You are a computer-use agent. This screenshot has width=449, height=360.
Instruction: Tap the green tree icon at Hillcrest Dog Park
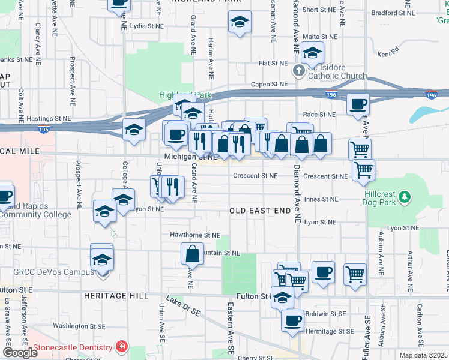click(x=405, y=196)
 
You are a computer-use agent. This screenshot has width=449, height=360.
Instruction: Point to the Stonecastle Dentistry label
click(x=73, y=347)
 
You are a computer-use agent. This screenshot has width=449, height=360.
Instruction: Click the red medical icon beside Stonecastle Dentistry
click(x=122, y=347)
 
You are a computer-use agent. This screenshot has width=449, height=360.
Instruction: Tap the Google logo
click(x=20, y=353)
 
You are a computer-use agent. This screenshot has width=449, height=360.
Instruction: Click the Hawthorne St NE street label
click(x=196, y=236)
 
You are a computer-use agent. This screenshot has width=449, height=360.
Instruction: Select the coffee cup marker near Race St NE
click(x=358, y=104)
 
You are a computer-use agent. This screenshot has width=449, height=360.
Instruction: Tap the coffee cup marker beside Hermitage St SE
click(x=292, y=320)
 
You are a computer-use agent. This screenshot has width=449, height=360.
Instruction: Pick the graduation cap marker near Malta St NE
click(x=312, y=53)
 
